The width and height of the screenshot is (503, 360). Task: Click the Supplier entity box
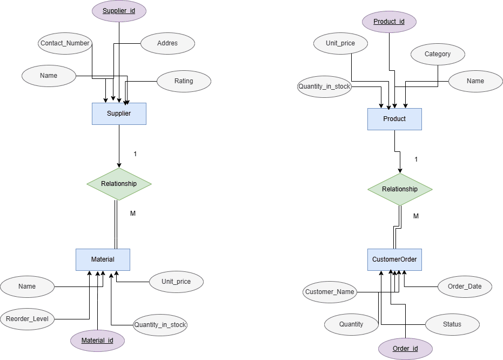coord(119,114)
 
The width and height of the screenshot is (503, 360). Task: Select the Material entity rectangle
coord(103,259)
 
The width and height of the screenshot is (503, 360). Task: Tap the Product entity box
coord(394,119)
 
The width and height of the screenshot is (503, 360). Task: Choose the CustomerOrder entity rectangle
coord(394,259)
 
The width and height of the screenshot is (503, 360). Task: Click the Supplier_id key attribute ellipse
coord(119,11)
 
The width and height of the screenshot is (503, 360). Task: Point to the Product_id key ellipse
coord(389,22)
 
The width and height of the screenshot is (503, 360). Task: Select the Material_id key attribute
coord(97,341)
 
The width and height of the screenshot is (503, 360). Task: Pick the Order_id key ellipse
coord(405,349)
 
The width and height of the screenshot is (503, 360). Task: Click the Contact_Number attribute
coord(65,43)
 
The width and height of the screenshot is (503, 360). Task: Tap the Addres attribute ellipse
coord(167,43)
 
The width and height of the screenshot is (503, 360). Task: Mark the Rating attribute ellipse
coord(184,81)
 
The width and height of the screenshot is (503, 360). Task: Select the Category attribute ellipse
coord(438,54)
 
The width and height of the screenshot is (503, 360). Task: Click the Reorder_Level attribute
coord(27,319)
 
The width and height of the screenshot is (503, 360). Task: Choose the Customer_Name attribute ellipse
coord(330,292)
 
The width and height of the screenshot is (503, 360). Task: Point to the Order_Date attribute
coord(465,286)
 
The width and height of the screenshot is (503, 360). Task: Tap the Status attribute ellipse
coord(452,324)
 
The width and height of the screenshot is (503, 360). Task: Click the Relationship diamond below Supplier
coord(119,184)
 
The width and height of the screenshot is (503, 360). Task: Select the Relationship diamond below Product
coord(400,189)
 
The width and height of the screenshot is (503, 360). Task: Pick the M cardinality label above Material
coord(133,214)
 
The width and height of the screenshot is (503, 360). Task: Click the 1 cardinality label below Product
coord(416,159)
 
